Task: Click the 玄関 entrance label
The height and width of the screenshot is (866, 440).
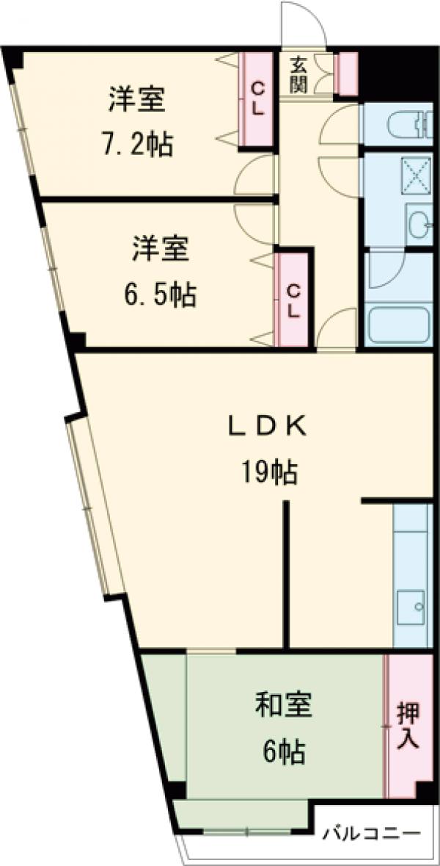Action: click(297, 75)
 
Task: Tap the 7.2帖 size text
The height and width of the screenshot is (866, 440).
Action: click(137, 145)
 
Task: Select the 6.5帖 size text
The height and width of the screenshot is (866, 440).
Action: click(159, 295)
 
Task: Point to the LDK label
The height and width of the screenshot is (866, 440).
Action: click(265, 426)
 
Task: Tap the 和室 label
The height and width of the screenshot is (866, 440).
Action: click(284, 705)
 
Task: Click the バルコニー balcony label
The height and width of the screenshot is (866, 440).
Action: click(372, 834)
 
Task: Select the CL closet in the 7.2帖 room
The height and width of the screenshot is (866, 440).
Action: click(258, 98)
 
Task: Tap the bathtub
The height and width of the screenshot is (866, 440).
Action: click(397, 324)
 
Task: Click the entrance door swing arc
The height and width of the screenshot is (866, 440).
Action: click(301, 22)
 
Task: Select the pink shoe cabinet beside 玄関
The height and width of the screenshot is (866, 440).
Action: click(345, 74)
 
